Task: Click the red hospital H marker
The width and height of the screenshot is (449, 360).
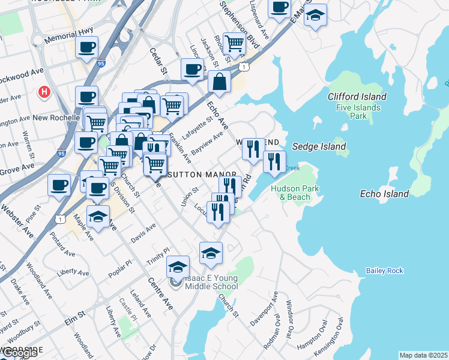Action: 44,92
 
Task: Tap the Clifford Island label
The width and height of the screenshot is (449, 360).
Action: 357,97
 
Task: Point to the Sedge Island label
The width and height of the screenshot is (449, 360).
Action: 319,146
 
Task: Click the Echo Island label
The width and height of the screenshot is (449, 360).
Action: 384,194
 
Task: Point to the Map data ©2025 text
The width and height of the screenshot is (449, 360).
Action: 423,355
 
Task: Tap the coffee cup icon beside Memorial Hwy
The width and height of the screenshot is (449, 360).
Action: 87,46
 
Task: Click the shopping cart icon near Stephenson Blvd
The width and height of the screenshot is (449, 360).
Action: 234,43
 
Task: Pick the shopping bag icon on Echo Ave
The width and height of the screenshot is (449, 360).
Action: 220,82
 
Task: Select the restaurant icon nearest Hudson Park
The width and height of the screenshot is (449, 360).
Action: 274,161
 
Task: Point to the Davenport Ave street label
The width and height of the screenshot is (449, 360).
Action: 268,313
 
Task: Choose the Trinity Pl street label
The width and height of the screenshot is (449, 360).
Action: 158,255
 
